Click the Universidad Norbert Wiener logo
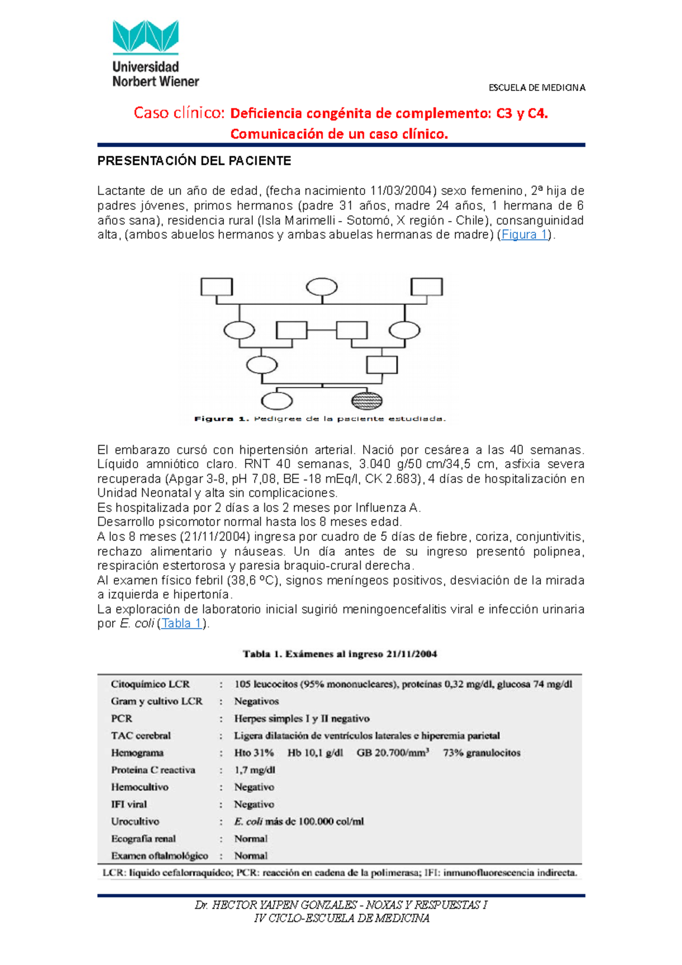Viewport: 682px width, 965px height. tap(155, 54)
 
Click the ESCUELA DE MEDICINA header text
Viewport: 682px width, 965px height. tap(537, 88)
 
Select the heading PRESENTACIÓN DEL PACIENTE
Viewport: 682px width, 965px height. tap(194, 161)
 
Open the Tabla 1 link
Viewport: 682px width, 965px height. tap(181, 623)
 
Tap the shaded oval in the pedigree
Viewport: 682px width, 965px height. tap(367, 401)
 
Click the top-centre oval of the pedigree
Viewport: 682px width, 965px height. tap(322, 287)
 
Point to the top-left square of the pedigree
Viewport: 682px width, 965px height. tap(217, 286)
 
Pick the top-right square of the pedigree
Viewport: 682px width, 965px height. tap(426, 286)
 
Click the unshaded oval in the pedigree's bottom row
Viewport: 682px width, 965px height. tap(276, 401)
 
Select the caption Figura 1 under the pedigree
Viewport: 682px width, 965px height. tap(320, 419)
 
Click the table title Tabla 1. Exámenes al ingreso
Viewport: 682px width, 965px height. tap(340, 654)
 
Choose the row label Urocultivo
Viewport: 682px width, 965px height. tap(135, 821)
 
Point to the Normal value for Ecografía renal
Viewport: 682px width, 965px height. tap(251, 838)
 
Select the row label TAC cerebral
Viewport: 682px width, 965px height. tap(141, 735)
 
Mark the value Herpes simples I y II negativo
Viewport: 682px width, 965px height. tap(302, 718)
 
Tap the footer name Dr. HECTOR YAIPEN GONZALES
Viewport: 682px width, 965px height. tap(276, 905)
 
